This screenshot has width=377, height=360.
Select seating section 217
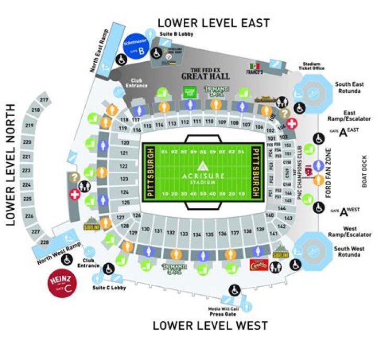[x=43, y=100]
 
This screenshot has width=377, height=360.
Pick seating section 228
[x=44, y=242]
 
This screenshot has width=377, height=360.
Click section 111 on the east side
[x=196, y=121]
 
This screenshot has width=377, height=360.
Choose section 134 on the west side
[x=196, y=235]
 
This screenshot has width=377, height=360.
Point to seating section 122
[x=124, y=166]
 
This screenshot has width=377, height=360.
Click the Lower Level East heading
[x=213, y=23]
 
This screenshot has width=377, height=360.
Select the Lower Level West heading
[x=210, y=325]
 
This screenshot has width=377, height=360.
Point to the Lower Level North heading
[x=12, y=165]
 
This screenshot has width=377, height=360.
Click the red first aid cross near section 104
[x=292, y=123]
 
